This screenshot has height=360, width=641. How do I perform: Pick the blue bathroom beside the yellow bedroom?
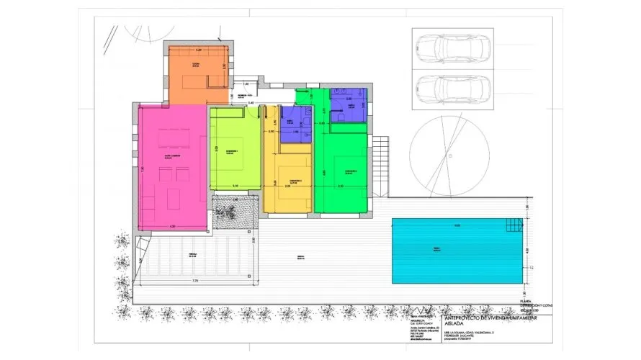pos(295,124)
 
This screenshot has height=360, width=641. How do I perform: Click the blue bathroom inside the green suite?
pos(348,104)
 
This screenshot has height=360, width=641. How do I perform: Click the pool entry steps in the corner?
pos(515,225)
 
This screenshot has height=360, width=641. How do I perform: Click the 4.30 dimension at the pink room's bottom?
pos(172,227)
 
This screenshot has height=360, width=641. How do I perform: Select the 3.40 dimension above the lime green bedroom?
pos(251,104)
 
